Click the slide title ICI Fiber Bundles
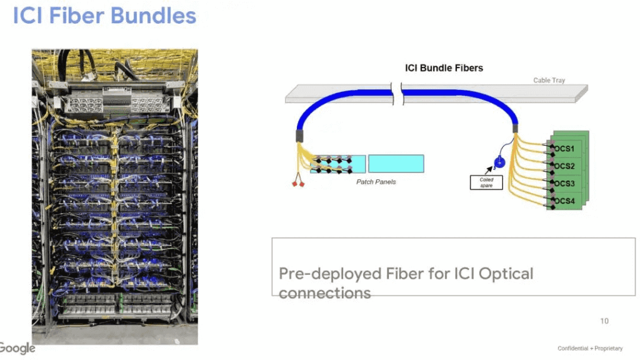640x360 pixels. tap(104, 16)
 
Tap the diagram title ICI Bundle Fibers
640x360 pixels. tap(444, 67)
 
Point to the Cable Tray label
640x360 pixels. tap(549, 80)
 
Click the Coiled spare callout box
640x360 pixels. tap(486, 182)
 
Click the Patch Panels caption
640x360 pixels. tap(376, 182)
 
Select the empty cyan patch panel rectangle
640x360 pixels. tap(396, 164)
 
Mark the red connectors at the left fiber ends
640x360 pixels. tap(298, 184)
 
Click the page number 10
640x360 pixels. tap(604, 321)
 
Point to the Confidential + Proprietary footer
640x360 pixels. tap(590, 348)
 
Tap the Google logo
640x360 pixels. tap(17, 348)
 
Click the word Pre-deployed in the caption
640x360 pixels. tap(317, 274)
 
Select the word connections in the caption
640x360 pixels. tap(324, 292)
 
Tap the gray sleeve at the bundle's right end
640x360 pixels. tap(516, 129)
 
